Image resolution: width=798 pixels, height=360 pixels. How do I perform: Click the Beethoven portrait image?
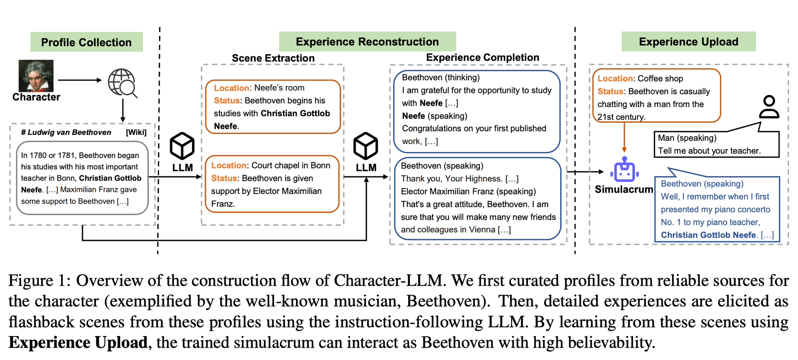click(36, 76)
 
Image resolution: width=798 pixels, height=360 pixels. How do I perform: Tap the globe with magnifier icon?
click(122, 83)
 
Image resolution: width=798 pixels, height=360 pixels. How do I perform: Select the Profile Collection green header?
click(86, 42)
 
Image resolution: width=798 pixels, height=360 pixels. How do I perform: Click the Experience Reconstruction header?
click(367, 42)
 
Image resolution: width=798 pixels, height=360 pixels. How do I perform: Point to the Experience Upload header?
click(688, 42)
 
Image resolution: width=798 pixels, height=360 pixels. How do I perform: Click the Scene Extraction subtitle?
click(273, 58)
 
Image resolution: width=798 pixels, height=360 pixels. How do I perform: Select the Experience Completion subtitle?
click(482, 57)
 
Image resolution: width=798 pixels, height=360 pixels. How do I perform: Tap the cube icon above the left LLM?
click(182, 146)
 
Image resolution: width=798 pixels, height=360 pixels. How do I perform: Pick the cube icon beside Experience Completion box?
click(365, 146)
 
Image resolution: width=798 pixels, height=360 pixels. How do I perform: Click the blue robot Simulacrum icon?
click(624, 170)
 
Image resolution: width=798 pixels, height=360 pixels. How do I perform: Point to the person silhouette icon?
click(769, 107)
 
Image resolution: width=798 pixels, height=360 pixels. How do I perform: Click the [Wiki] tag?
click(136, 133)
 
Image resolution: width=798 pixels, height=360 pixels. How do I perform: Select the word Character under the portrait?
click(36, 97)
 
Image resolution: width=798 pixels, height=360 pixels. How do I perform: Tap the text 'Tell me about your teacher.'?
click(709, 151)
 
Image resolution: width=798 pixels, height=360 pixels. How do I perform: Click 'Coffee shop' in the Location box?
click(660, 79)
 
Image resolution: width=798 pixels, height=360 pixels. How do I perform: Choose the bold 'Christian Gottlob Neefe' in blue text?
click(708, 235)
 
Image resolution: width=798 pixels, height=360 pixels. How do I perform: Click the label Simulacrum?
click(624, 189)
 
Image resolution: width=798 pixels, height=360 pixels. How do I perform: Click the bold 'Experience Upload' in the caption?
click(78, 342)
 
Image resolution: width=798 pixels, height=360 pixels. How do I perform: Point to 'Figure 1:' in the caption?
click(40, 281)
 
